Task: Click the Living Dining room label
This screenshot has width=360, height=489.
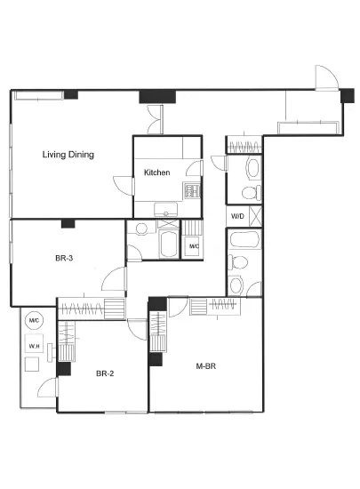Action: pos(68,155)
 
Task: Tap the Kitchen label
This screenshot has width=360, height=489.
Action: pos(156,172)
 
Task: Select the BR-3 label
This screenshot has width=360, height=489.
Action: pos(64,258)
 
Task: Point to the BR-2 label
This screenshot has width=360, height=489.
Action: pos(105,373)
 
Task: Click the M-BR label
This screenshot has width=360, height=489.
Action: pos(205,366)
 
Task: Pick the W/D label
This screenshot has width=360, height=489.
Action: pos(237,216)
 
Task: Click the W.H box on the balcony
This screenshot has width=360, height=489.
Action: pos(34,343)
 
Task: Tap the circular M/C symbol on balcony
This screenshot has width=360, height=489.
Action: pos(34,320)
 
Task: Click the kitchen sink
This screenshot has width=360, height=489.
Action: pos(166,209)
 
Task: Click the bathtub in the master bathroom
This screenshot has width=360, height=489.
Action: pos(244,239)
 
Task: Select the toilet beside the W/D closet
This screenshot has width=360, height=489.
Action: pos(252,193)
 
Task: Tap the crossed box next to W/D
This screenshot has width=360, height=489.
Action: pos(256,216)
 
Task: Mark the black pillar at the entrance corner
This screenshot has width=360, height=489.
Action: pos(348,96)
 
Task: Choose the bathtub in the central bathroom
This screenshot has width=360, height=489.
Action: pos(169,244)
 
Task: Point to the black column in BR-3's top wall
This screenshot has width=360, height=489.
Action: pos(68,223)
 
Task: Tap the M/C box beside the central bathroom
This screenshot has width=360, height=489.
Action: pos(194,246)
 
